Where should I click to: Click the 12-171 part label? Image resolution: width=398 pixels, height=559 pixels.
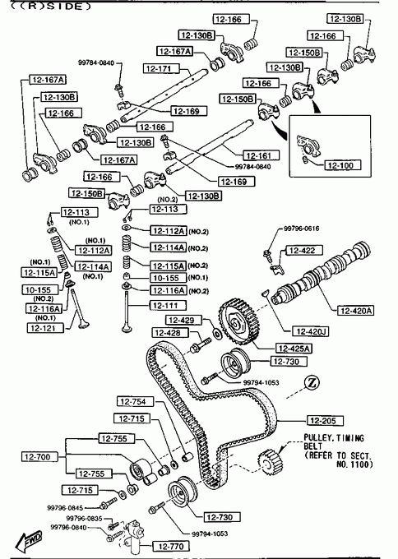(x=161, y=68)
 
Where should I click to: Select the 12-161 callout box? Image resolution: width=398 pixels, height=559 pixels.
(x=261, y=155)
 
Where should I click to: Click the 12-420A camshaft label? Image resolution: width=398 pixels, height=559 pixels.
(x=355, y=311)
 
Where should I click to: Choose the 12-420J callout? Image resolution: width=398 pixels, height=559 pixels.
(x=310, y=331)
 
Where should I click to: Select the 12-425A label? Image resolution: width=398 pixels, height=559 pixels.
(x=294, y=349)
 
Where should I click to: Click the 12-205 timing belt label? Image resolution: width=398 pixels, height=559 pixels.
(x=326, y=421)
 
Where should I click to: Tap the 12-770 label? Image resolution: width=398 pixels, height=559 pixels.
(x=171, y=546)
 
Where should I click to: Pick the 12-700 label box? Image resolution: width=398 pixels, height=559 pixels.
(x=39, y=457)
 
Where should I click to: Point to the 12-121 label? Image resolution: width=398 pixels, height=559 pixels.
(x=45, y=328)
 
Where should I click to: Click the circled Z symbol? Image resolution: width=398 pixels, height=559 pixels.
(x=312, y=383)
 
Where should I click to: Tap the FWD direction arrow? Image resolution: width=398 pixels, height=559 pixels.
(x=30, y=540)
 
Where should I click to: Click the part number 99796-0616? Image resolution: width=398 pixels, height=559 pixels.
(x=301, y=229)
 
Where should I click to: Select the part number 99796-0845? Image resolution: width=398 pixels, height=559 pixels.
(x=65, y=508)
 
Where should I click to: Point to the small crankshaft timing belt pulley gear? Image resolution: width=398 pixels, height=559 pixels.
(x=271, y=462)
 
